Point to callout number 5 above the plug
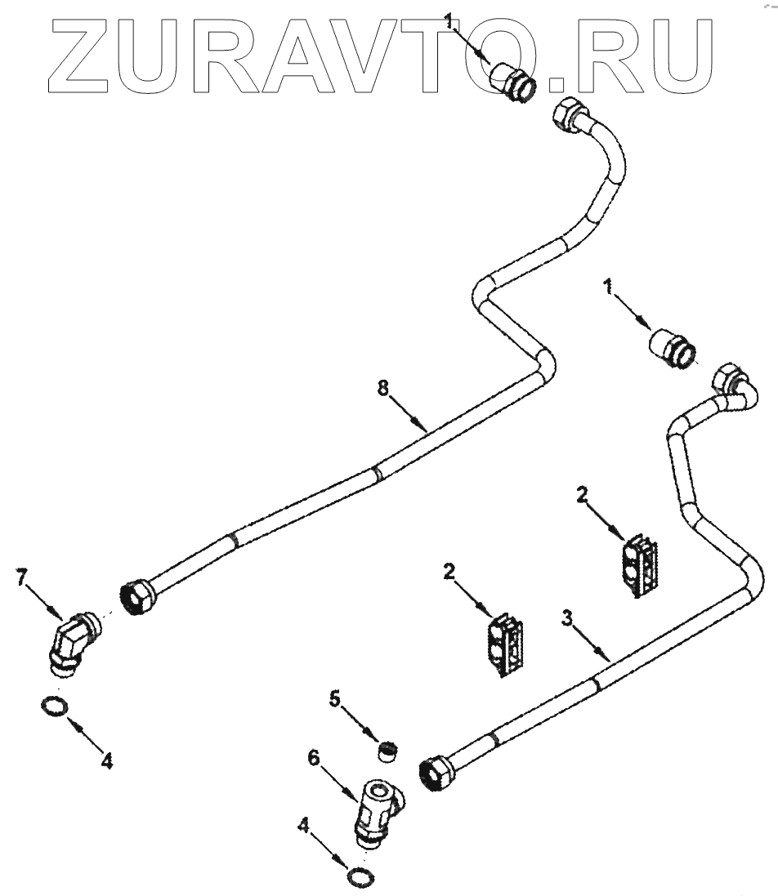coord(335,698)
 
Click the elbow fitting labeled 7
coord(71,640)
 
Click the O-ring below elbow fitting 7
coord(53,706)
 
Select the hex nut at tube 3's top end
coord(727,377)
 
